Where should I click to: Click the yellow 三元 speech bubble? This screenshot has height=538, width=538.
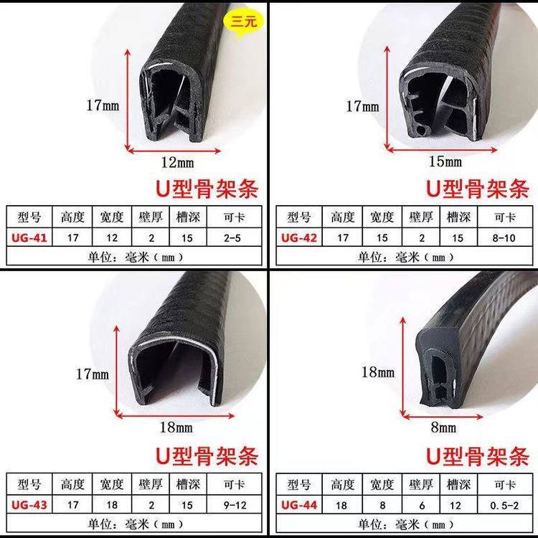click(243, 22)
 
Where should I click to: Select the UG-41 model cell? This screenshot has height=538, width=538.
click(29, 237)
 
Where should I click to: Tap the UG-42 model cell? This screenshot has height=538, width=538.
click(299, 237)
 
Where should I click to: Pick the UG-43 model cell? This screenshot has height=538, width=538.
click(29, 505)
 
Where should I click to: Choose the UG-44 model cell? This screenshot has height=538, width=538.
click(299, 505)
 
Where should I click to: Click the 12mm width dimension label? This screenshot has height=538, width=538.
click(177, 162)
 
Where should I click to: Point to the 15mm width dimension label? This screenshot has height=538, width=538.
click(445, 161)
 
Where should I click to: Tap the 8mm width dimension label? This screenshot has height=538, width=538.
click(443, 428)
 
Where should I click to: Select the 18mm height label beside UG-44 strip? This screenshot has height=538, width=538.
click(378, 372)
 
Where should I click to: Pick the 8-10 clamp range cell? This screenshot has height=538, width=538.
click(504, 237)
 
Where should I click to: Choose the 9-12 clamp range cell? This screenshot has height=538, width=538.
click(234, 505)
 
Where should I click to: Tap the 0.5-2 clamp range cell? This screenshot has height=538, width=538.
click(504, 505)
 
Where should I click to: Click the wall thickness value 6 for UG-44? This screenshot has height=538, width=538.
click(421, 505)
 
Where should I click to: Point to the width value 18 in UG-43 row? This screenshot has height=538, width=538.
click(112, 505)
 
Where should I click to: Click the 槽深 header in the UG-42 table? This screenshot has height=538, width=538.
click(458, 217)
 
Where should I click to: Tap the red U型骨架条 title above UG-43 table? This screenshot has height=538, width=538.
click(207, 456)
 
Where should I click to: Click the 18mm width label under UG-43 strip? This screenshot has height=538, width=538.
click(176, 428)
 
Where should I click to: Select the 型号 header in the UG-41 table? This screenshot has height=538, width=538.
click(29, 217)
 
